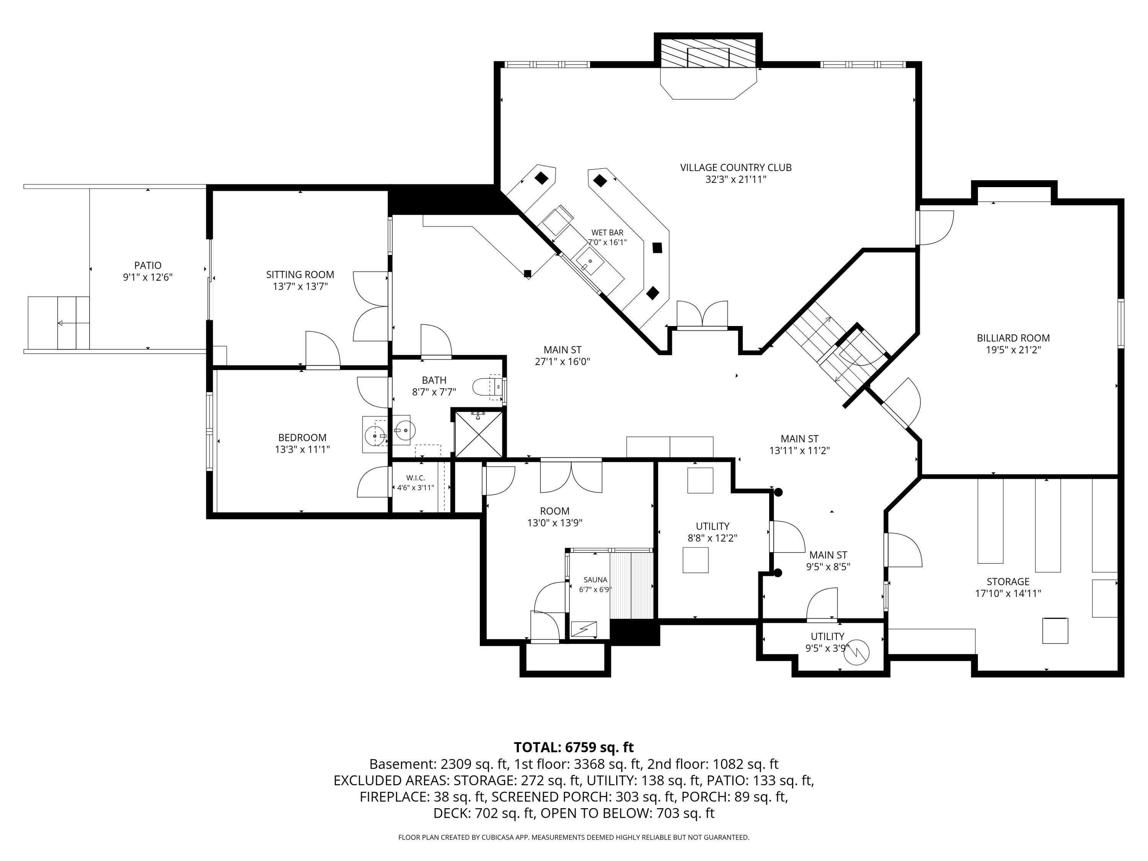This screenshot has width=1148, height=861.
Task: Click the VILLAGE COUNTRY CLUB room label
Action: coord(735,168)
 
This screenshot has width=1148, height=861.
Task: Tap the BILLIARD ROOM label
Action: coord(1013,338)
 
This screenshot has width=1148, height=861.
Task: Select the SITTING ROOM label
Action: coord(300,274)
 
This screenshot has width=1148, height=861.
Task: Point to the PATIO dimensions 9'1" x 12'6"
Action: coord(147,277)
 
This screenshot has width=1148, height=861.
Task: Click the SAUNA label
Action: coord(595,580)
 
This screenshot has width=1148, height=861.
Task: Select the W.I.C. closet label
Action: coord(416,478)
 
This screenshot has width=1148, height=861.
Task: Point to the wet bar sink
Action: coord(590,261)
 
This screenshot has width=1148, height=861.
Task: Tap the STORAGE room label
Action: coord(1008,582)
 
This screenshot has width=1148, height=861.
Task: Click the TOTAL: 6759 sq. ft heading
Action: coord(574,747)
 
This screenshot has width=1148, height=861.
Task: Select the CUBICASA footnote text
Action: coord(574,837)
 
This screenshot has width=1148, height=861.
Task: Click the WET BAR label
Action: coord(607,233)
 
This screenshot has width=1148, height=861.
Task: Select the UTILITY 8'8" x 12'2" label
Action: coord(713,532)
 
